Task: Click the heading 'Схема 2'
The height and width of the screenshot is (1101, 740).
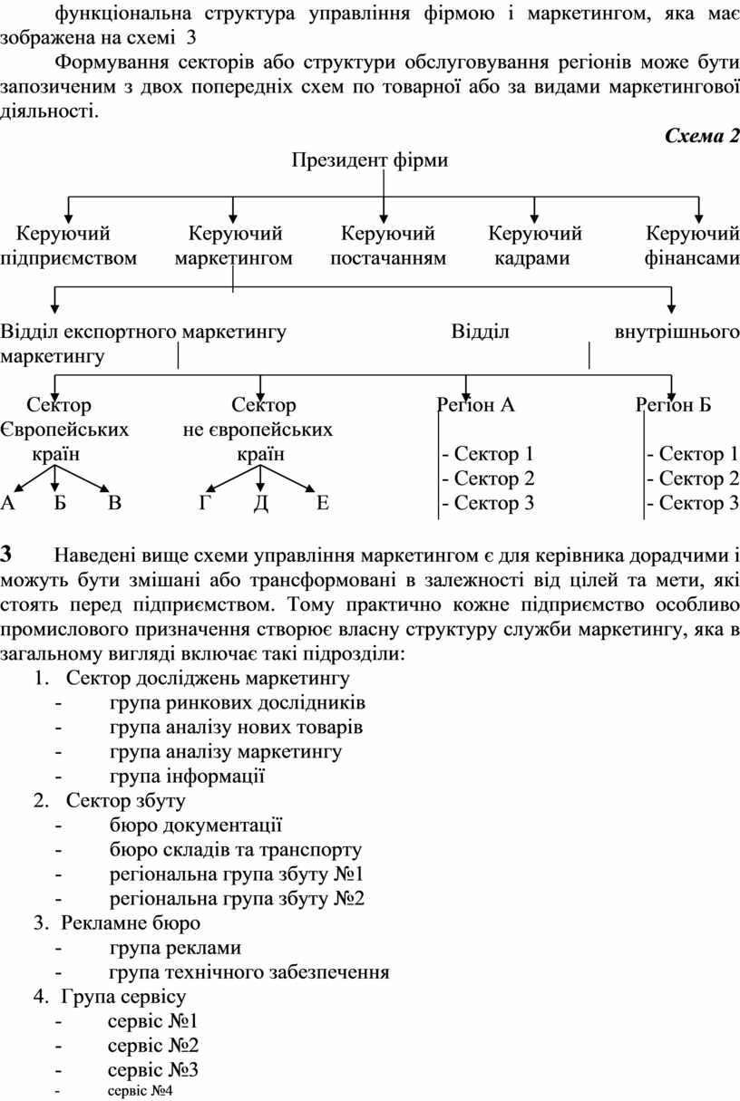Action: coord(702,136)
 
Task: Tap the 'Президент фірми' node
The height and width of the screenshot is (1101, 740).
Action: coord(370,160)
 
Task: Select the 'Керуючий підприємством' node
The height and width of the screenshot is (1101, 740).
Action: coord(68,246)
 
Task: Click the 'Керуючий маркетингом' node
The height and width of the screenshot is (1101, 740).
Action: coord(234,246)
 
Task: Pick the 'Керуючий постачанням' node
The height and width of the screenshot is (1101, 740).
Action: coord(388,246)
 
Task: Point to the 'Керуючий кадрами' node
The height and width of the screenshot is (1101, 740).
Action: coord(534,246)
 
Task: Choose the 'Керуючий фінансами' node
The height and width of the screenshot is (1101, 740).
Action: coord(692,246)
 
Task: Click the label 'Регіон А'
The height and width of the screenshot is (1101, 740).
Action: coord(476,405)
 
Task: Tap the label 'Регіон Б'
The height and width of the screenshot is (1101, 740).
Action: coord(674,405)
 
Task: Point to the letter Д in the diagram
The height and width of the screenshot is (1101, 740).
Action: coord(261,504)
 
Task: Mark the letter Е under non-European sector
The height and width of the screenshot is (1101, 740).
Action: coord(323,503)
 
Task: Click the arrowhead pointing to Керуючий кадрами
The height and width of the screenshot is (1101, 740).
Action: coord(534,218)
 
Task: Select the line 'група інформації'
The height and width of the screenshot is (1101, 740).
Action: coord(188,776)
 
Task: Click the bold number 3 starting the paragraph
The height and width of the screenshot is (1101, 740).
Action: coord(6,555)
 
